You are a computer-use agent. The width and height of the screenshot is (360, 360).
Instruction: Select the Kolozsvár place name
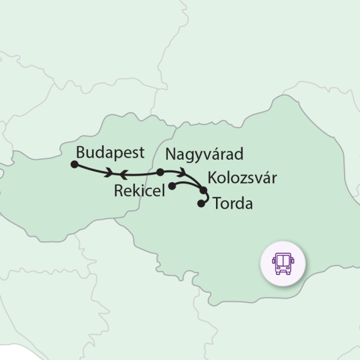pyautogui.click(x=242, y=178)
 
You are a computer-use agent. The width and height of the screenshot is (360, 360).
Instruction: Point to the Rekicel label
pyautogui.click(x=139, y=191)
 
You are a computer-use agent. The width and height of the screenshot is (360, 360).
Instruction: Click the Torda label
pyautogui.click(x=233, y=204)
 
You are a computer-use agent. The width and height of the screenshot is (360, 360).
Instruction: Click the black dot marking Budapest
pyautogui.click(x=74, y=164)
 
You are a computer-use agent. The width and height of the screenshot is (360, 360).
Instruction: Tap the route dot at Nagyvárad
pyautogui.click(x=160, y=172)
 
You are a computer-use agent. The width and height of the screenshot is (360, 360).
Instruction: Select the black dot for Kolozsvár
pyautogui.click(x=203, y=190)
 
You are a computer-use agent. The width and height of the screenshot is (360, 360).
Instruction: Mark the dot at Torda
pyautogui.click(x=201, y=204)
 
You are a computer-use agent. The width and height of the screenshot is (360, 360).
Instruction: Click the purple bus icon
pyautogui.click(x=282, y=263)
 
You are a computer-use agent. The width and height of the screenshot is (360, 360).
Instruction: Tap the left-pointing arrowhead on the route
pyautogui.click(x=124, y=174)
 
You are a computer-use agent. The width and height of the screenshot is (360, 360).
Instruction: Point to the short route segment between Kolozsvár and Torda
pyautogui.click(x=207, y=197)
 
